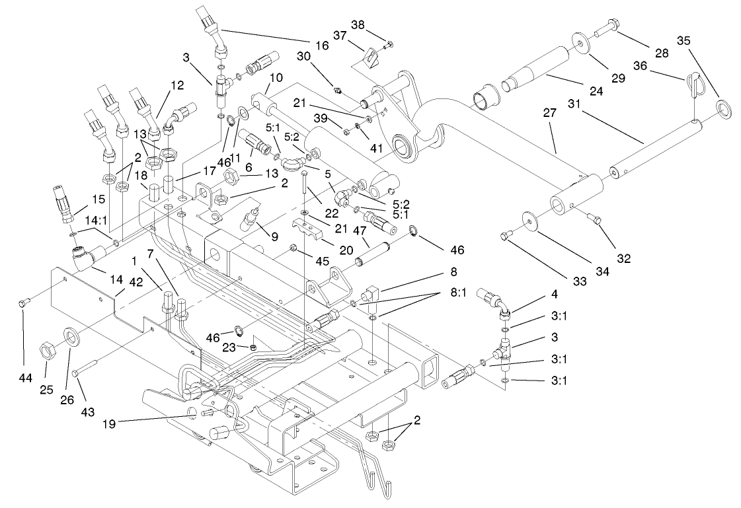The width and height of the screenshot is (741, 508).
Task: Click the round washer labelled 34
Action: click(528, 220)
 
